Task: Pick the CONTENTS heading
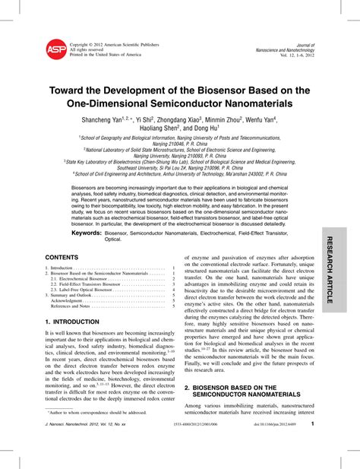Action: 62,258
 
